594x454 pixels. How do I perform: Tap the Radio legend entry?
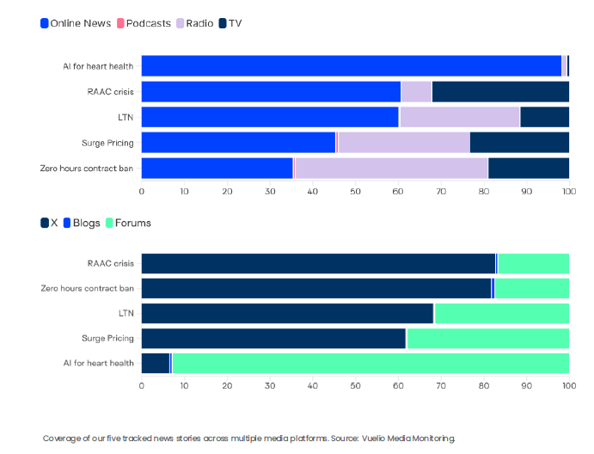tap(194, 23)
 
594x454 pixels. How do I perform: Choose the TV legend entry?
tap(230, 23)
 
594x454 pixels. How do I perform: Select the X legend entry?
tap(49, 223)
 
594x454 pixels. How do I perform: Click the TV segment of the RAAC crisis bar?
tap(500, 92)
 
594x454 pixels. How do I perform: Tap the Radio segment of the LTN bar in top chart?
tap(459, 117)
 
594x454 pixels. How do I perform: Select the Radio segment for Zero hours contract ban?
tap(391, 169)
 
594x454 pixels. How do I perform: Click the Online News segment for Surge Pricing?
tap(238, 143)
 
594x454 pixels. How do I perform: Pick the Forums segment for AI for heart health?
tap(370, 363)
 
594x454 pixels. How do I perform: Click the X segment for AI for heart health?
tap(155, 363)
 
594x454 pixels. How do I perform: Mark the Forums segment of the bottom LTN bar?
tap(502, 313)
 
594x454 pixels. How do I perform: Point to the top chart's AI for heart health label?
tap(98, 66)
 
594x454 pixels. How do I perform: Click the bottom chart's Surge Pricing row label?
tap(107, 338)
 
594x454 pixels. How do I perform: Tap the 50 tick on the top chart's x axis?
tap(355, 191)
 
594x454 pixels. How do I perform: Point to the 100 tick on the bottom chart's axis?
tap(568, 385)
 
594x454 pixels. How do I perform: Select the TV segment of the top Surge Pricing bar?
tap(519, 143)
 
